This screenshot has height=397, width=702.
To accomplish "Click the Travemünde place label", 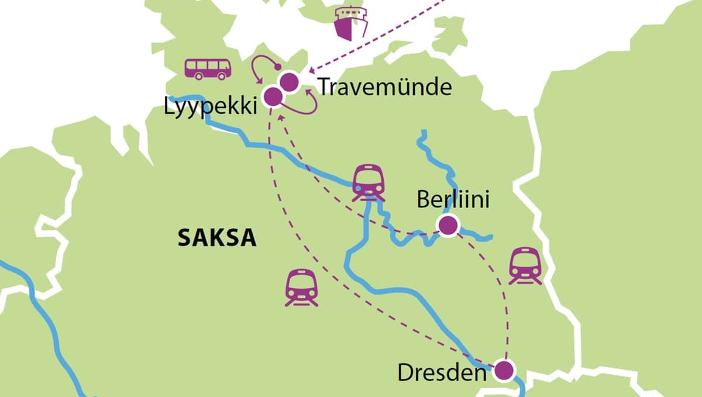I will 385,87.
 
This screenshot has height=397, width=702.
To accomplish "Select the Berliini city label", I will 453,199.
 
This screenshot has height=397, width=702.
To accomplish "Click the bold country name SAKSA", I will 217,238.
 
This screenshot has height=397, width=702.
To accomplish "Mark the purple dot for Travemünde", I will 288,82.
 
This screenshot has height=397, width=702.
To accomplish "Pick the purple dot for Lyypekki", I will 273,96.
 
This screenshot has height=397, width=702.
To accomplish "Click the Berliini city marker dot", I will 448,225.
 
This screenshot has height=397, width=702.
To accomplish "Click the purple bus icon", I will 208,68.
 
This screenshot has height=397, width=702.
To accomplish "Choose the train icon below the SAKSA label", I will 301,287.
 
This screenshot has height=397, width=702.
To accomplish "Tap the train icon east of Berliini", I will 525,265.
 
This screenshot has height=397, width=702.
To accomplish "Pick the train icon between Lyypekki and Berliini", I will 369,182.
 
